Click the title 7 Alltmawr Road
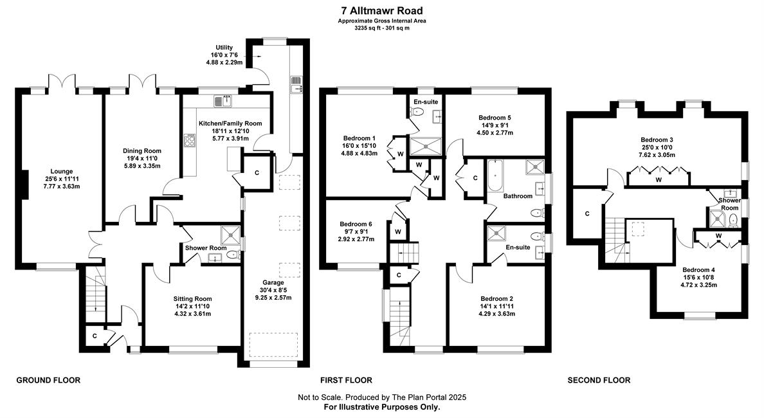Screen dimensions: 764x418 pyautogui.click(x=382, y=10)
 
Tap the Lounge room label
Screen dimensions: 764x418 pyautogui.click(x=62, y=172)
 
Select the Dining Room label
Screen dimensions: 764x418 pyautogui.click(x=141, y=151)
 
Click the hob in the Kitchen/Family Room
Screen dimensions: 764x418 pyautogui.click(x=189, y=141)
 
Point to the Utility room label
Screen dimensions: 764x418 pyautogui.click(x=224, y=47)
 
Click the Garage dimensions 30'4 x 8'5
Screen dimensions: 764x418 pyautogui.click(x=273, y=290)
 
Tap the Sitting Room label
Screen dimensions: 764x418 pyautogui.click(x=192, y=299)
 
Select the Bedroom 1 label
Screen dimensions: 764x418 pyautogui.click(x=359, y=138)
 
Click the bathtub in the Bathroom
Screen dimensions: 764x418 pyautogui.click(x=494, y=176)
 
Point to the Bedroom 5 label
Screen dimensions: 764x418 pyautogui.click(x=495, y=118)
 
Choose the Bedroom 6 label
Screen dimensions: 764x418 pyautogui.click(x=356, y=224)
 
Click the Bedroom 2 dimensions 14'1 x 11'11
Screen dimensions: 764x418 pyautogui.click(x=497, y=307)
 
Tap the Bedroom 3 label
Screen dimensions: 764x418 pyautogui.click(x=657, y=140)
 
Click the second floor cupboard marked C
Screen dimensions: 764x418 pyautogui.click(x=587, y=214)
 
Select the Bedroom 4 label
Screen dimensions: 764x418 pyautogui.click(x=698, y=270)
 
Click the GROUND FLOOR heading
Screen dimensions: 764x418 pyautogui.click(x=48, y=380)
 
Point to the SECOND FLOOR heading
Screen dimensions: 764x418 pyautogui.click(x=599, y=380)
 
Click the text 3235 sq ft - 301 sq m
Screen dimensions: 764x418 pyautogui.click(x=382, y=28)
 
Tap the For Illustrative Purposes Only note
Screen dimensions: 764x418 pyautogui.click(x=382, y=406)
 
